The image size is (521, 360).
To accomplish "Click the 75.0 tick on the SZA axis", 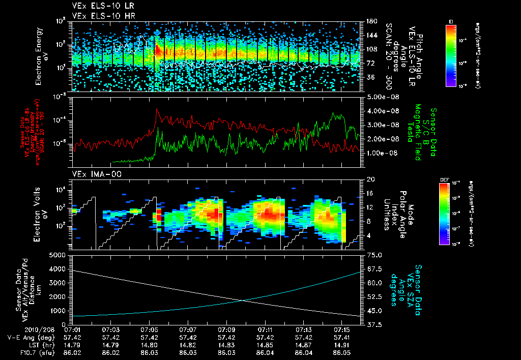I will (374, 255).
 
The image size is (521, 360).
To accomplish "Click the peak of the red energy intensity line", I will (157, 109).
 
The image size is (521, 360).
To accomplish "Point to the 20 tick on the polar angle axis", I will (370, 179).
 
